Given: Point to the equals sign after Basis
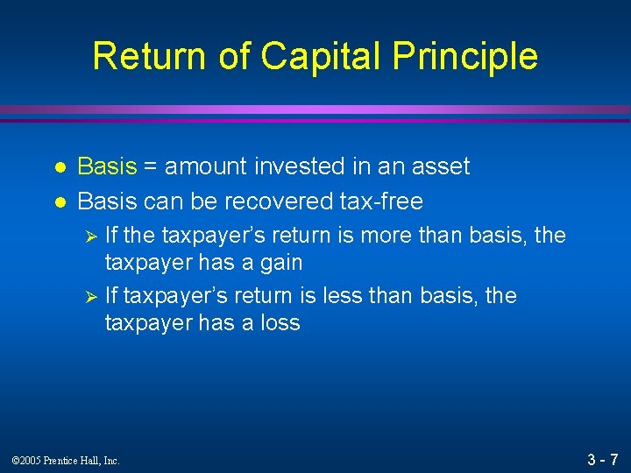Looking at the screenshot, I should click(x=151, y=167).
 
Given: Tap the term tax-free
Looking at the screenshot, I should click(x=379, y=201).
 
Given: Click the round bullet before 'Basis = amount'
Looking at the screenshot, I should click(x=58, y=167).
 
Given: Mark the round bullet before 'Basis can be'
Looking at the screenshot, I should click(x=58, y=202).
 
